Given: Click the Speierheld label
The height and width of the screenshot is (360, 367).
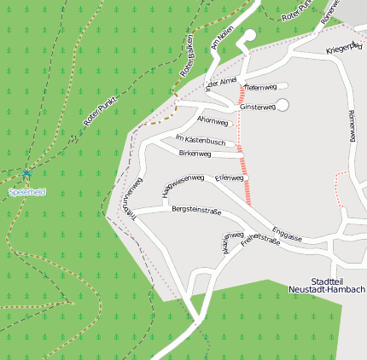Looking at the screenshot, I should tap(26, 192).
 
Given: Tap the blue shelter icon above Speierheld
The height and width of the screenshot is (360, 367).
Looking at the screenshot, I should tap(27, 175).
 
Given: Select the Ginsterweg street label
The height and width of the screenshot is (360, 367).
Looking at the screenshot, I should tap(257, 107).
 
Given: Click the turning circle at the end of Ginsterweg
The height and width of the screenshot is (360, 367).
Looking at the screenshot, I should tap(283, 104).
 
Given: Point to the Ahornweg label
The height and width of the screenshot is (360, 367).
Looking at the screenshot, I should tap(212, 121).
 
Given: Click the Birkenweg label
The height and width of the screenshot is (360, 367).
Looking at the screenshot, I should tap(195, 154).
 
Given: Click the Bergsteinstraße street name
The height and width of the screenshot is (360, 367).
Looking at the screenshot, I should tap(196, 209).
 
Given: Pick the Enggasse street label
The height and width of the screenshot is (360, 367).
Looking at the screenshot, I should tap(287, 234).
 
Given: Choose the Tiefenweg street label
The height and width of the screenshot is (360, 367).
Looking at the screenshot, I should tap(261, 87).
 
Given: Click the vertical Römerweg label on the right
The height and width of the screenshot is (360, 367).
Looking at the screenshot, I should tap(351, 125).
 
